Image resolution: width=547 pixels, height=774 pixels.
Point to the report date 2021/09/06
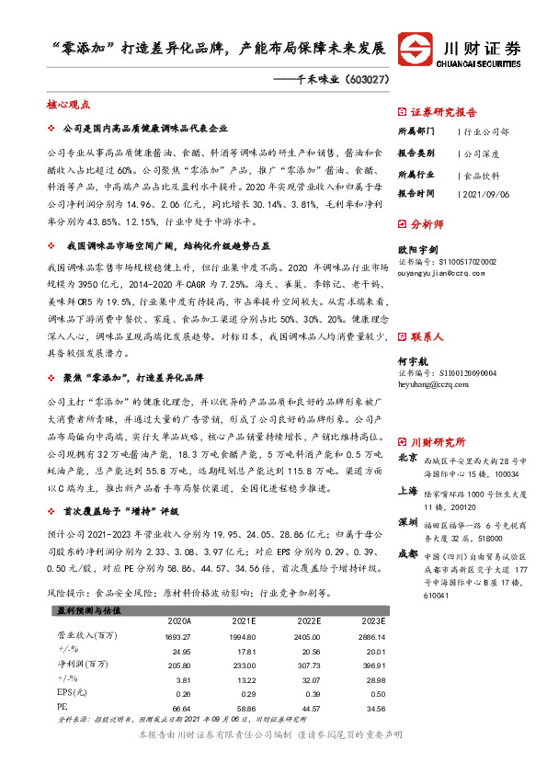tap(488, 194)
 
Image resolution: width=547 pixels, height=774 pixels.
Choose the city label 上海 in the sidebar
tap(407, 490)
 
